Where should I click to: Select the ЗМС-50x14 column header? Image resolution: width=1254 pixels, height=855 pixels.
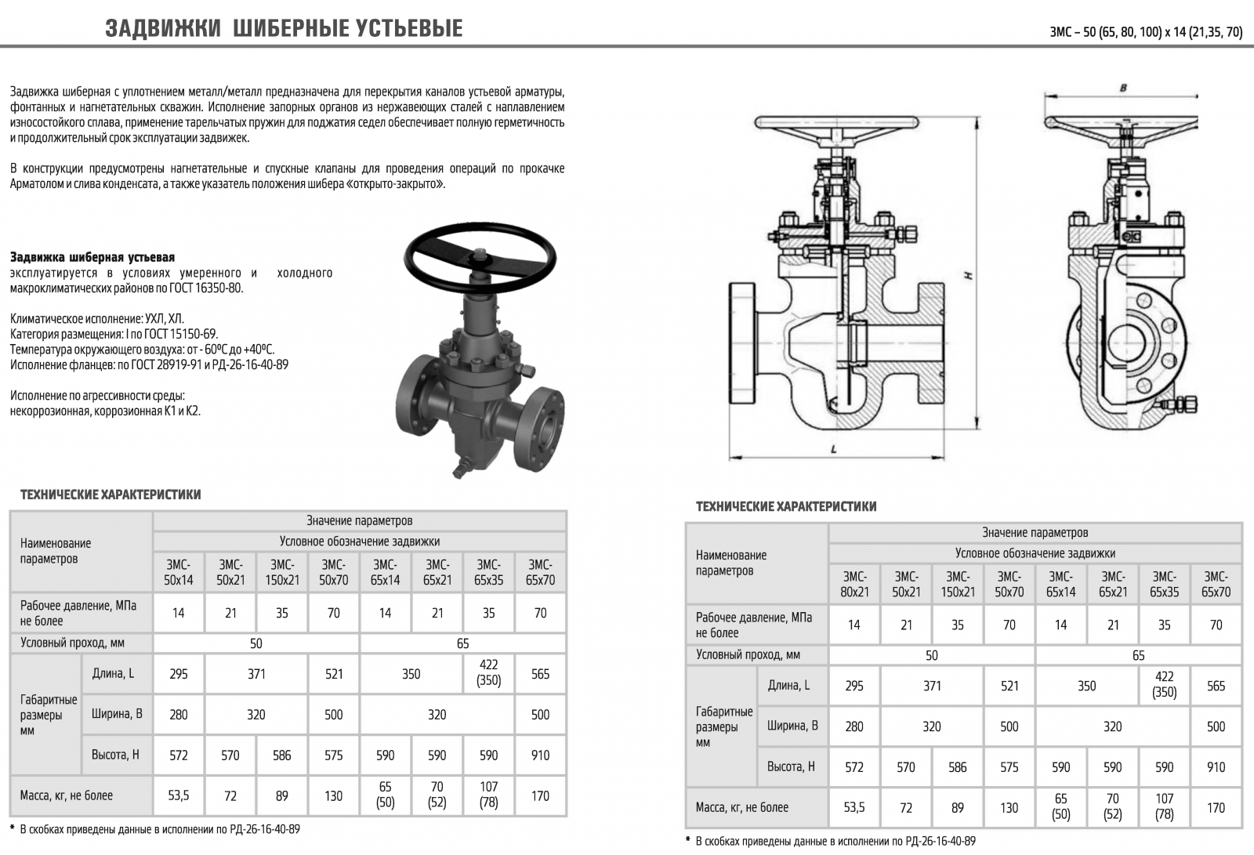point(179,572)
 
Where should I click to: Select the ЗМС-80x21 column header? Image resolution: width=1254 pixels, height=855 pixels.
point(854,584)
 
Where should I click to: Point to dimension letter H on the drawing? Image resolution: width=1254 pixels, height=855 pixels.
point(969,275)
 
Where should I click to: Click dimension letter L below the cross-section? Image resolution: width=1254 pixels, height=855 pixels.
point(834,449)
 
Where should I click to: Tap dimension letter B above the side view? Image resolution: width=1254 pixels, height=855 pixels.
point(1123,88)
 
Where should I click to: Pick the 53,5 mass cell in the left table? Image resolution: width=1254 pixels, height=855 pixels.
point(179,795)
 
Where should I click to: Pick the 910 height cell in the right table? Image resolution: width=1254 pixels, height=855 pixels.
point(1216,767)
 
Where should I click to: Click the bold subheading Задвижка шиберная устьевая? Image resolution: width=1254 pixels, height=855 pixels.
point(92,257)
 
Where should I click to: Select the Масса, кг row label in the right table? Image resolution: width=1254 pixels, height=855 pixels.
point(741,807)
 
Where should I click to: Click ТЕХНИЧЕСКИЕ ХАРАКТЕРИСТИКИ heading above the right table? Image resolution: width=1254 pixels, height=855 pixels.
point(786,507)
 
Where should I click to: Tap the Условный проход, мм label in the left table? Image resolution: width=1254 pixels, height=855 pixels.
point(73,643)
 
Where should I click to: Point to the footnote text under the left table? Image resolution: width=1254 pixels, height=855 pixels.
point(155,829)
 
